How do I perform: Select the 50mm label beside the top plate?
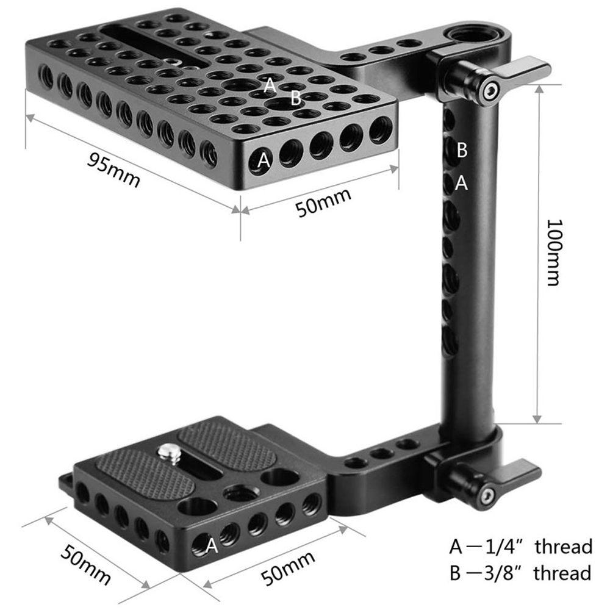point(324,203)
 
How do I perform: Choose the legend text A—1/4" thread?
point(520,546)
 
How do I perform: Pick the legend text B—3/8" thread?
point(520,573)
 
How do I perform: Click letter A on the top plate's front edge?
point(264,160)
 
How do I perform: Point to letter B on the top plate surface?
point(296,98)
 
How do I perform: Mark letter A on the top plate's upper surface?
point(270,85)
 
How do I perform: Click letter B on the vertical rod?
point(462,149)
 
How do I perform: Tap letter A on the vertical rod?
point(462,182)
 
